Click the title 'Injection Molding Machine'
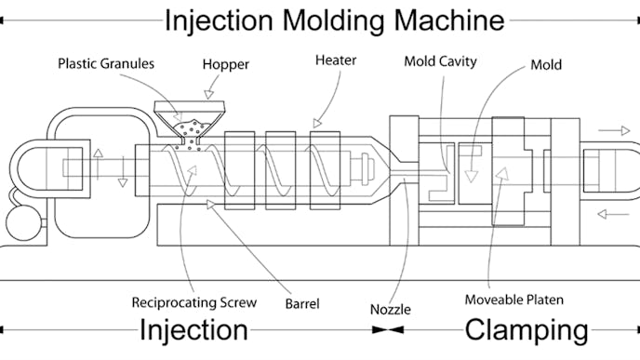click(334, 20)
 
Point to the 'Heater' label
click(336, 60)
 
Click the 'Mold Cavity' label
click(440, 61)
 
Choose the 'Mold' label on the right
click(546, 65)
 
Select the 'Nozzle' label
click(391, 307)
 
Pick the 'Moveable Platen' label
click(514, 300)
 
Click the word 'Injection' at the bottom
click(193, 330)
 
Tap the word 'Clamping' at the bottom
click(526, 330)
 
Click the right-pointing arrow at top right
click(613, 131)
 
